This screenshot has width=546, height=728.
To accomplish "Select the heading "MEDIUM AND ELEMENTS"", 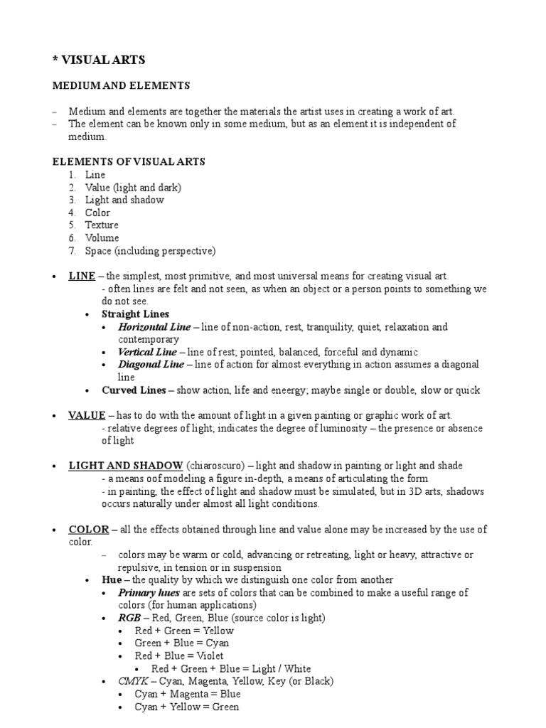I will point(122,86).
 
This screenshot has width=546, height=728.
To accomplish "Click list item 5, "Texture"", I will point(102,225).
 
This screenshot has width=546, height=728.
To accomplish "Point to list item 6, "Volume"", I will point(102,238).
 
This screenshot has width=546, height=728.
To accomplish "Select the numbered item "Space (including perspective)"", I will point(149,251).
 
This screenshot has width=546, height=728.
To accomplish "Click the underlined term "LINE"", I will point(82,276).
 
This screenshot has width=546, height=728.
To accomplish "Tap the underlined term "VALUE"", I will point(87,415).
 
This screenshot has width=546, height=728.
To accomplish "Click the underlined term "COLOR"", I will point(88,530).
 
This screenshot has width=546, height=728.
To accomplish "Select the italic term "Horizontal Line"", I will point(154,327).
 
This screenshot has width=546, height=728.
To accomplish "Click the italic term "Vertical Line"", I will point(147,352).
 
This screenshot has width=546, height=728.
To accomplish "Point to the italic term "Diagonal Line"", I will point(151,365).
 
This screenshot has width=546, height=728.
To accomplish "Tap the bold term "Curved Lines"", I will point(134,390).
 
